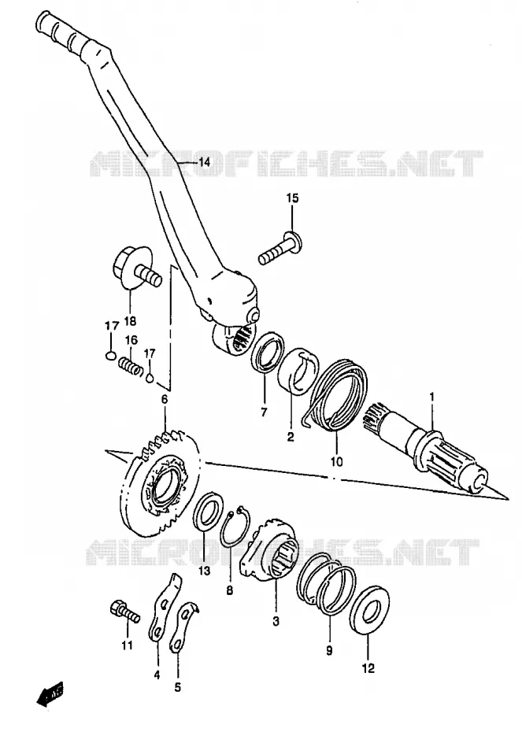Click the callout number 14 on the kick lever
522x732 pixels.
pos(204,162)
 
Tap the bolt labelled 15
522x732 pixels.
pos(280,247)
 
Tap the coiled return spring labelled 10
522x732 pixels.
pos(336,394)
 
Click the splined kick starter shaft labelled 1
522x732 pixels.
pos(426,447)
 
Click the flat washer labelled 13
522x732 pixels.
pos(208,510)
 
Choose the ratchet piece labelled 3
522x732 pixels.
pos(269,549)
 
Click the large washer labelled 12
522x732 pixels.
pos(368,610)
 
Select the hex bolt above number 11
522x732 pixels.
pos(124,611)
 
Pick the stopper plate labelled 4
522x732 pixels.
pos(164,607)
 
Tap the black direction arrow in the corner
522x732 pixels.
pos(50,695)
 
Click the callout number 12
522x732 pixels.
pos(368,668)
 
